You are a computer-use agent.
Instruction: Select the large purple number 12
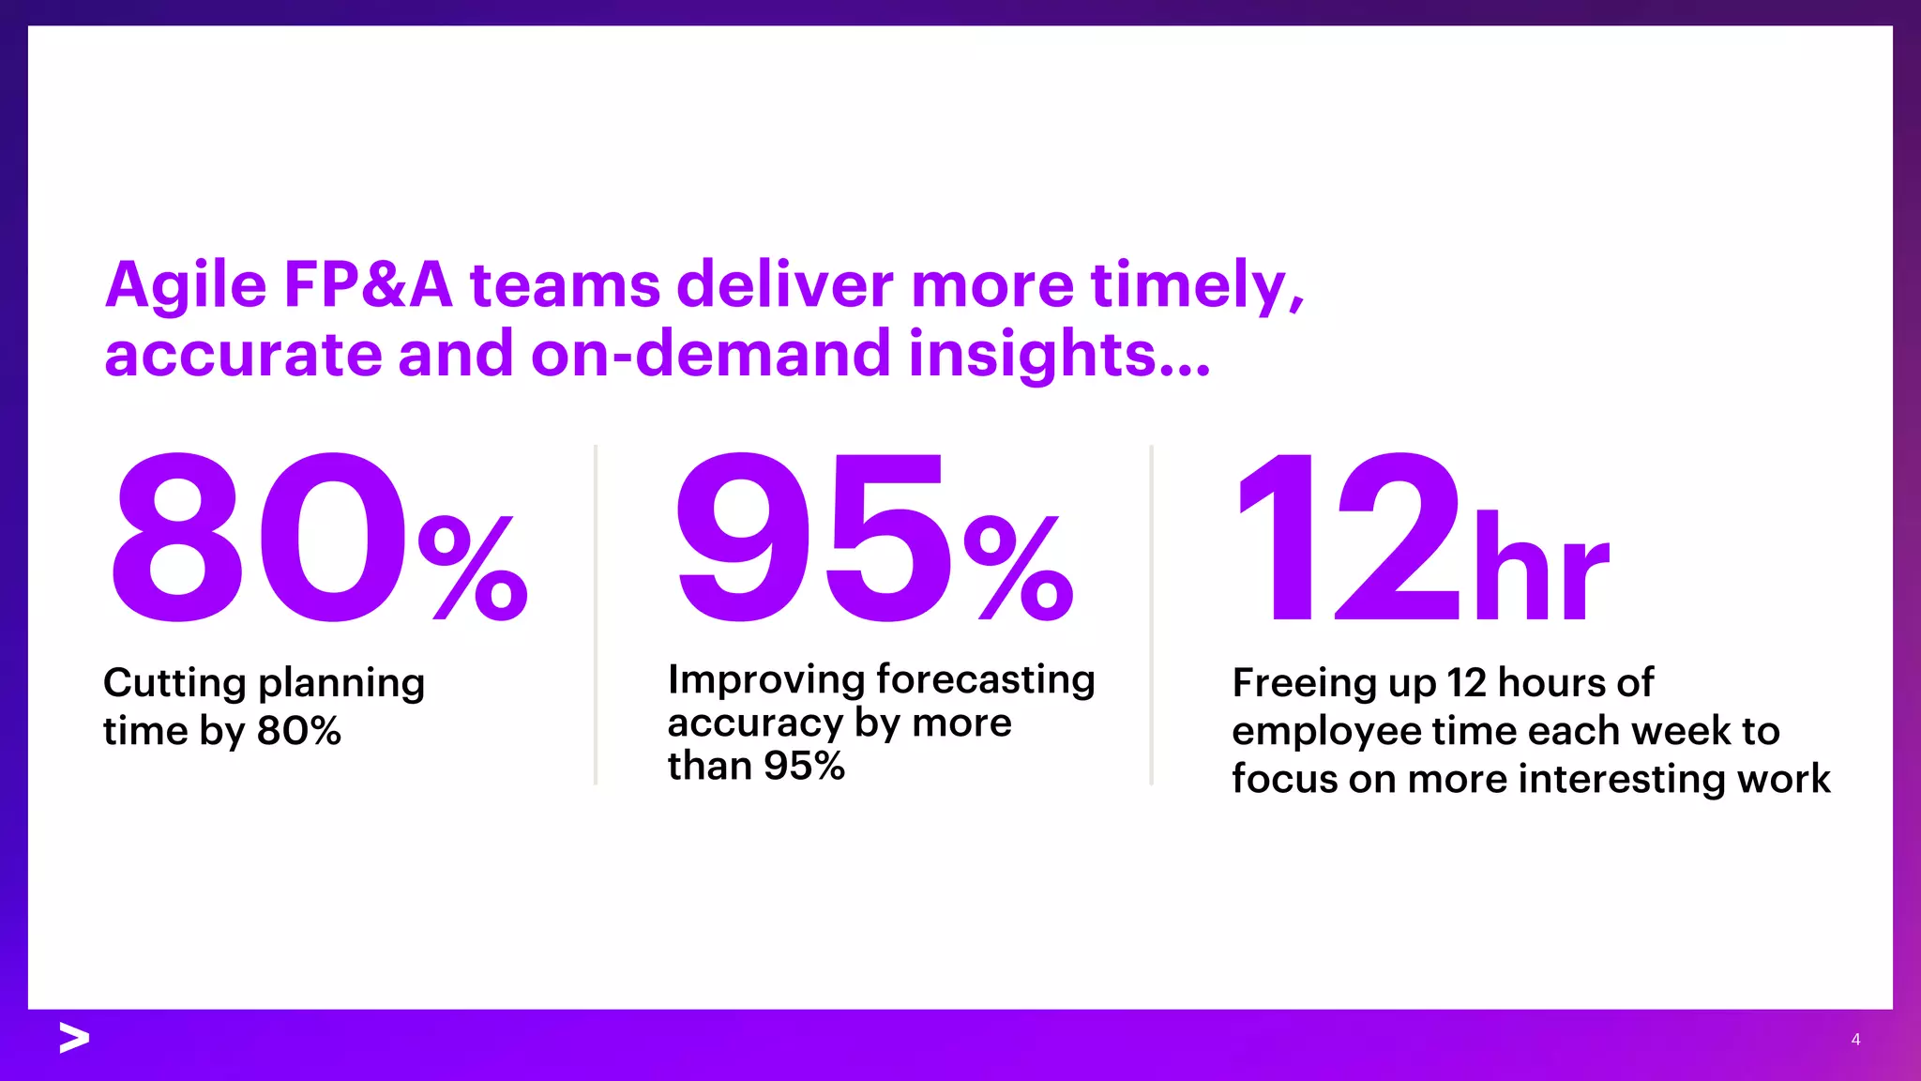1347,538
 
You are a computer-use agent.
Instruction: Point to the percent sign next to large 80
474,568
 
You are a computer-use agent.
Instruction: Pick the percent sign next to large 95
1019,568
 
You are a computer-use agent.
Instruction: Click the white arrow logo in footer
74,1038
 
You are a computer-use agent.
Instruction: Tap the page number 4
1855,1039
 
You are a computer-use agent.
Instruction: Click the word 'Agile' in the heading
186,285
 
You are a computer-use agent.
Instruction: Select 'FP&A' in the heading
368,285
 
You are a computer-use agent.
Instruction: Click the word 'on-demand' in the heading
710,355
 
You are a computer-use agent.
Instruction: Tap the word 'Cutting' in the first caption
174,683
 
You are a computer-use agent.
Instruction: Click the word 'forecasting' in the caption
985,679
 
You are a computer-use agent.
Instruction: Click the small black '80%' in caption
299,732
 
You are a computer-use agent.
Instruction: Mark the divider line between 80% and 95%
596,615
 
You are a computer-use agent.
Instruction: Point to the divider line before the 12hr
1151,615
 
